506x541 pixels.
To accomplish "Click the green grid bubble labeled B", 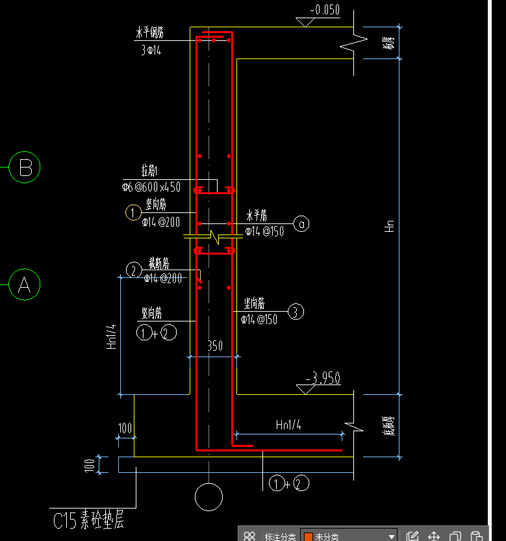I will tap(25, 168).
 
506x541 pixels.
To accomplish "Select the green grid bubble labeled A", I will tap(25, 284).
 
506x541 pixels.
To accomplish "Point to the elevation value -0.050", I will tap(324, 10).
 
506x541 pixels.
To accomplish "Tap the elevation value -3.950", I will tap(322, 379).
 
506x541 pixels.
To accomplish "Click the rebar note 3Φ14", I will tap(151, 51).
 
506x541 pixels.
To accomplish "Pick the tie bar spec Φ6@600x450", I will tap(151, 188).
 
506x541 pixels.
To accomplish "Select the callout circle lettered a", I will tap(301, 224).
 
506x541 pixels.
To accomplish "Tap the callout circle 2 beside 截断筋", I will tap(133, 270).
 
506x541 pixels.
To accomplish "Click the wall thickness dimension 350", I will tap(214, 346).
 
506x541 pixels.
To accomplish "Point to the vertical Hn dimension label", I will tap(389, 226).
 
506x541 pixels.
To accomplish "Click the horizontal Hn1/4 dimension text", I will tap(288, 425).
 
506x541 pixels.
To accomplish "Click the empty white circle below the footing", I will tap(209, 497).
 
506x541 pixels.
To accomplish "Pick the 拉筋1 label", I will tap(150, 171).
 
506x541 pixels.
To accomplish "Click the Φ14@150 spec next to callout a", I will tap(264, 231).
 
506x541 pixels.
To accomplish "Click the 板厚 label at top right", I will tap(388, 43).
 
